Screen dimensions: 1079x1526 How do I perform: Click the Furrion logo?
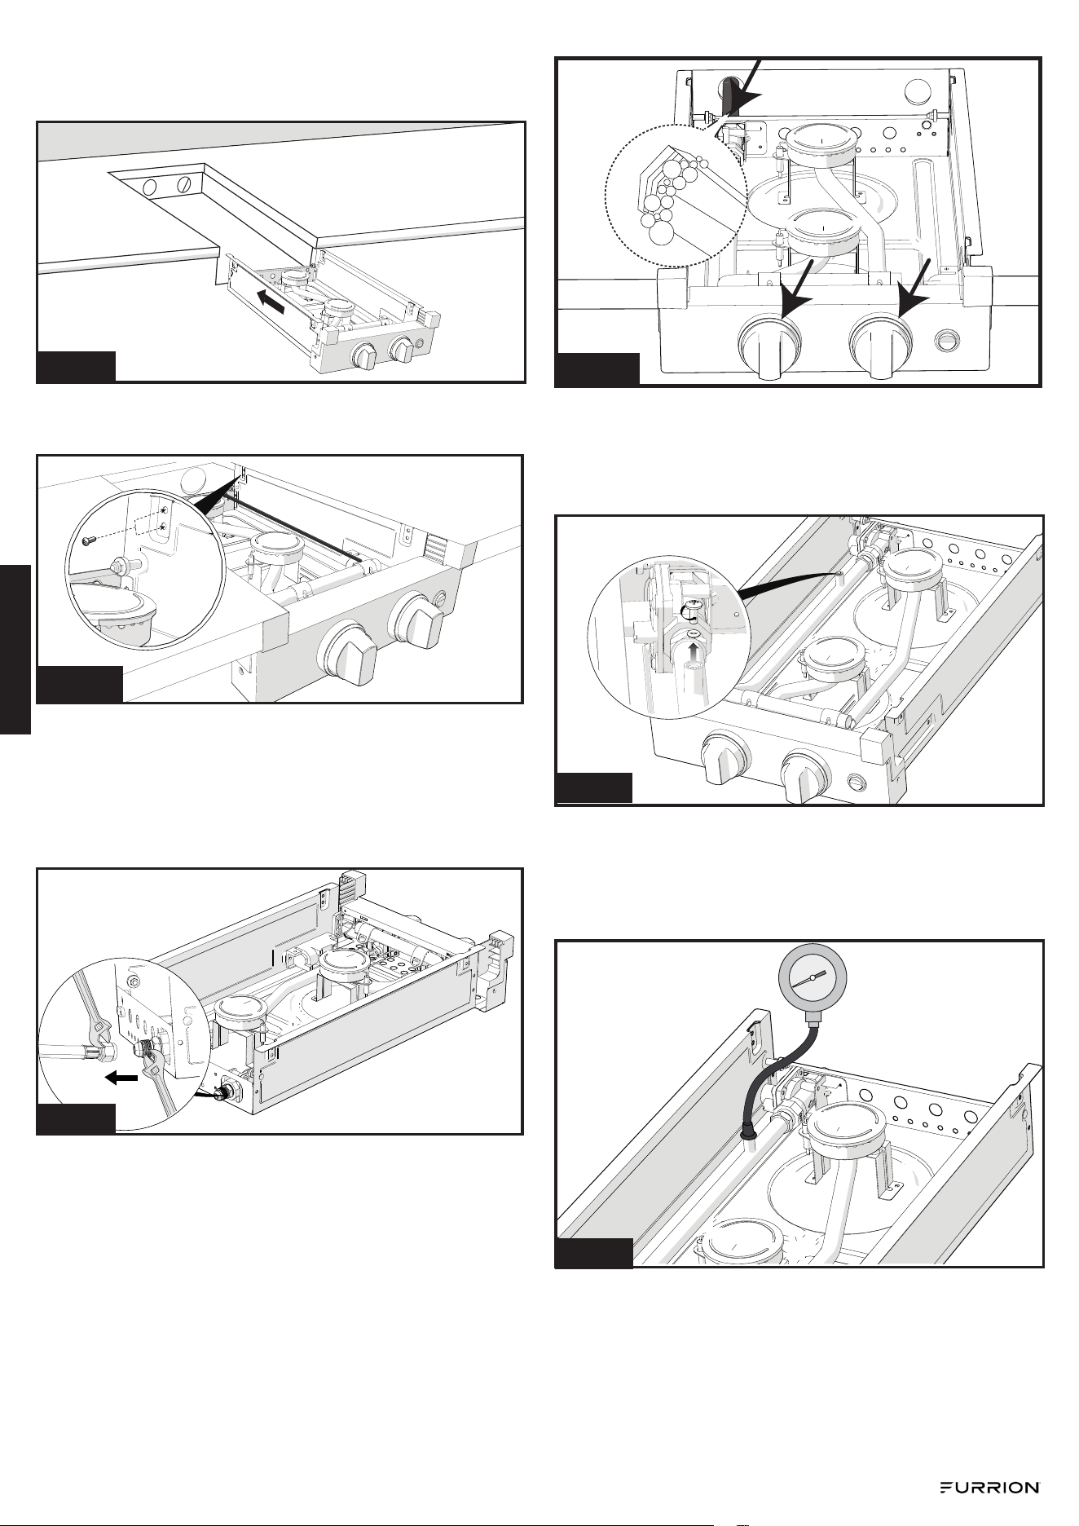(989, 1488)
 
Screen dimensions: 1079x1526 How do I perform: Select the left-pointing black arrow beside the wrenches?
(121, 1078)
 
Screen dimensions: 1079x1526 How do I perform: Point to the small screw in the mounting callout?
(89, 540)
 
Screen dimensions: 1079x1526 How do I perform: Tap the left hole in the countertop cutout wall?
(149, 187)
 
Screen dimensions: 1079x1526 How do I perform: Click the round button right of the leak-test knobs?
(947, 337)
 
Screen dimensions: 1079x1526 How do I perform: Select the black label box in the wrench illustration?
(75, 1118)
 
